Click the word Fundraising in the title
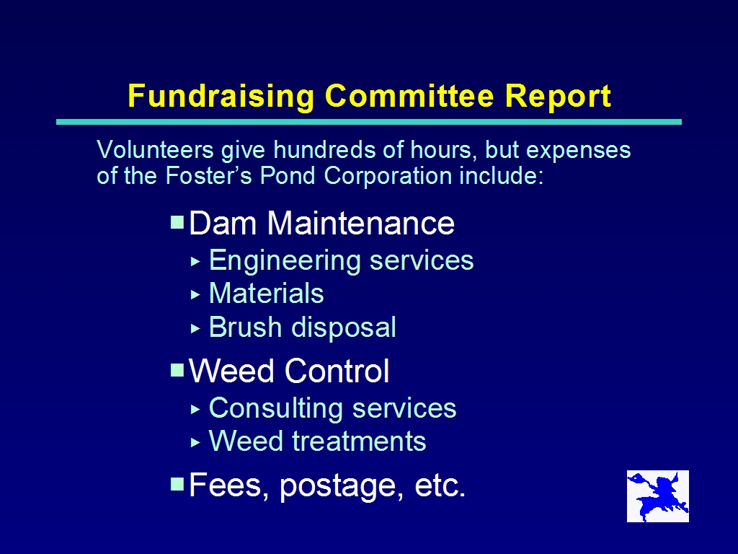click(x=221, y=97)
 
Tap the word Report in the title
click(x=558, y=97)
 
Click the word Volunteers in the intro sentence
click(x=156, y=150)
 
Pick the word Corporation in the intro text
click(x=388, y=176)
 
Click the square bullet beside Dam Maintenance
click(x=177, y=222)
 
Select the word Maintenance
click(x=361, y=223)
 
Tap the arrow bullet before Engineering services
click(x=196, y=261)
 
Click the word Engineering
click(x=285, y=261)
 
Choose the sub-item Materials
click(x=267, y=293)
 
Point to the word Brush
click(x=245, y=327)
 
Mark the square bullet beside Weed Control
click(x=177, y=370)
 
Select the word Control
click(x=337, y=371)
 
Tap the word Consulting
click(x=277, y=408)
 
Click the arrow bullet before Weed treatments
click(x=196, y=442)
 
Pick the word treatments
click(x=359, y=441)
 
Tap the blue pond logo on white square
click(x=658, y=496)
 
